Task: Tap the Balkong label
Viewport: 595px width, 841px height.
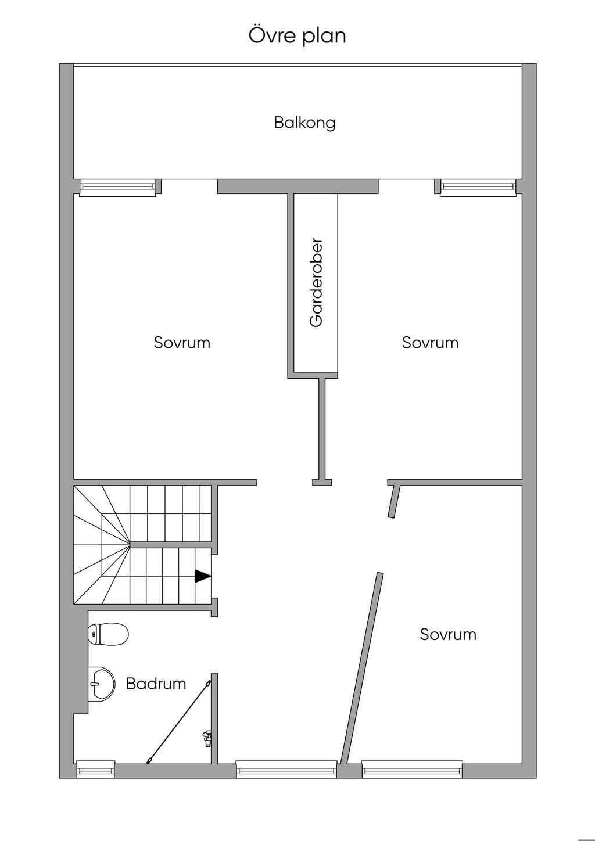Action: (x=304, y=123)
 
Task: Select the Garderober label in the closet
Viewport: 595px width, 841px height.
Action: (x=316, y=282)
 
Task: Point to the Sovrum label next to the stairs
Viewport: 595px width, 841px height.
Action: (x=182, y=343)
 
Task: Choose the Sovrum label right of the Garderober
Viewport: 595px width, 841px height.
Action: (x=430, y=343)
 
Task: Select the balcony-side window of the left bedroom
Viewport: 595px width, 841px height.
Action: (x=117, y=186)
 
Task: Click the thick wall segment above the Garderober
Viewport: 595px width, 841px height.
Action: (x=297, y=186)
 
